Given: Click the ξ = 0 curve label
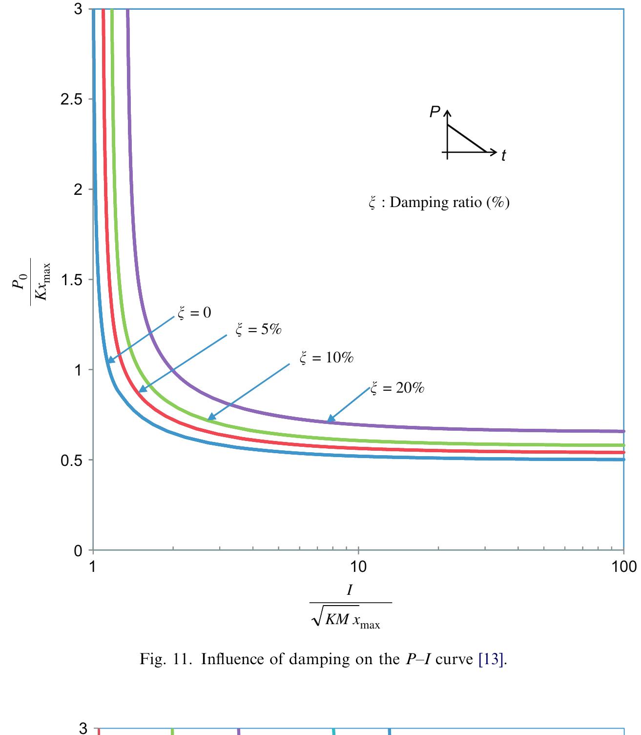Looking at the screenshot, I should pyautogui.click(x=194, y=313).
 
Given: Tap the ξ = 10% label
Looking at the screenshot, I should pyautogui.click(x=327, y=358).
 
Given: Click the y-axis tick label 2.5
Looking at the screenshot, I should pyautogui.click(x=72, y=100).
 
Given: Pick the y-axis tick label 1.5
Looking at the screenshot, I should pyautogui.click(x=72, y=280).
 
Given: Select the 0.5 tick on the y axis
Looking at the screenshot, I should pyautogui.click(x=72, y=461).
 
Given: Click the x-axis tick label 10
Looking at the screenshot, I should pyautogui.click(x=358, y=567).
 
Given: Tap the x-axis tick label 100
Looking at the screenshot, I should pyautogui.click(x=624, y=567).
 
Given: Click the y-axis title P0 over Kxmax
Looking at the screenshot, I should pyautogui.click(x=31, y=281).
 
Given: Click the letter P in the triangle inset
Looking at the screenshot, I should pyautogui.click(x=434, y=112).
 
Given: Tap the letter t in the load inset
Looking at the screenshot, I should pyautogui.click(x=503, y=156).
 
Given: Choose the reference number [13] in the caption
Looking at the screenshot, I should pyautogui.click(x=491, y=659).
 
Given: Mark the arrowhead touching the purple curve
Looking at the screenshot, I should pyautogui.click(x=331, y=419).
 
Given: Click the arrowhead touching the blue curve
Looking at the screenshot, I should pyautogui.click(x=110, y=360).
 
